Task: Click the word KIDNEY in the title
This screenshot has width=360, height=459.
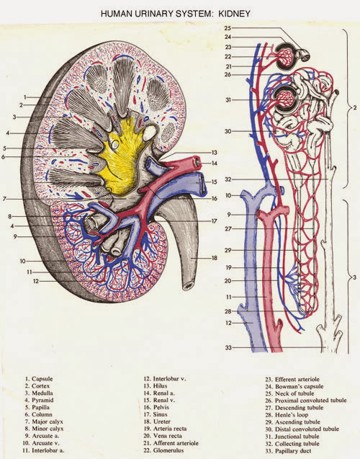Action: [234, 14]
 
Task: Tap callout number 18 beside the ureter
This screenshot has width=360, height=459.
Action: [215, 258]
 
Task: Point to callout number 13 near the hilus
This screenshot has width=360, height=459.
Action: [215, 153]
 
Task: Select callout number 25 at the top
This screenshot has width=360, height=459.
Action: [228, 28]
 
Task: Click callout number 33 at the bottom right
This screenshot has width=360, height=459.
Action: [228, 348]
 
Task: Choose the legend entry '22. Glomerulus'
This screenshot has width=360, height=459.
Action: [163, 450]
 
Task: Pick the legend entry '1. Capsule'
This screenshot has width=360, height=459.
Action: [39, 379]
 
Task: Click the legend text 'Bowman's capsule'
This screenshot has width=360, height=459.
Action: [300, 386]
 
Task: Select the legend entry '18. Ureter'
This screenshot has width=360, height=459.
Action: [157, 422]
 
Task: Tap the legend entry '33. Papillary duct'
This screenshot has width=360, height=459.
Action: [288, 451]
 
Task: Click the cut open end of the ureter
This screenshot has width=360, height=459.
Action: [189, 285]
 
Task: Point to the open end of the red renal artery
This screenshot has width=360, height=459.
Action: [198, 161]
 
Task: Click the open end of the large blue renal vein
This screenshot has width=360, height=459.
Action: [202, 184]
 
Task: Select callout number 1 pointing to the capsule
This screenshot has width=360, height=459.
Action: [25, 97]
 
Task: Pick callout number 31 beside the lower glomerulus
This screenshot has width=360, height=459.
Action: [228, 100]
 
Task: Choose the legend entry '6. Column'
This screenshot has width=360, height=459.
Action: [39, 414]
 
